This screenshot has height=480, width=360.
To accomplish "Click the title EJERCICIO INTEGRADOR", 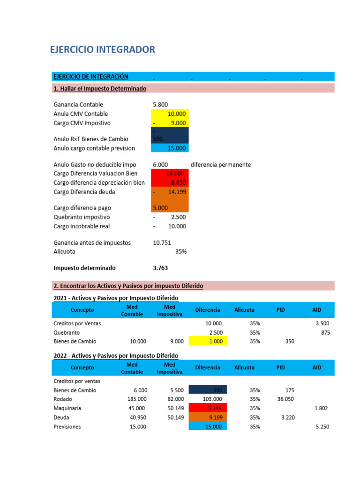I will [x=102, y=49].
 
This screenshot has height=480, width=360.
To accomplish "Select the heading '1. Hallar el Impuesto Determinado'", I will [x=100, y=89].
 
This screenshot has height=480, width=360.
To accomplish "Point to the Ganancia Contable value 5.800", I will [x=160, y=105].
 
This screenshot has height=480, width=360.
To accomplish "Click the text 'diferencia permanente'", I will [x=221, y=165].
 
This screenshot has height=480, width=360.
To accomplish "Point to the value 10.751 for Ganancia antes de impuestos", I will [x=162, y=243].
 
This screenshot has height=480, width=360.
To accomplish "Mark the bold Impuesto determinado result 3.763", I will [x=160, y=268].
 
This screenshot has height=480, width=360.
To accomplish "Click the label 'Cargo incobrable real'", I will [x=82, y=226].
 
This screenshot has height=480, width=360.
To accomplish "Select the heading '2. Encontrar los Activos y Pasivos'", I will [x=128, y=286].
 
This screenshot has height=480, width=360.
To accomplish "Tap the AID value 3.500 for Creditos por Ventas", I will [x=322, y=323].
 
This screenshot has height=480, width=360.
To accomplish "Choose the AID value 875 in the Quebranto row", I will [x=325, y=332].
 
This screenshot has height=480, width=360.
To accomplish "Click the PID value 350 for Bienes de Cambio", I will [x=289, y=342].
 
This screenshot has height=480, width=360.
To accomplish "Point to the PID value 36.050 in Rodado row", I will [x=285, y=399].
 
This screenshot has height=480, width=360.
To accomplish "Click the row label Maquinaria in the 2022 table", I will [x=67, y=408].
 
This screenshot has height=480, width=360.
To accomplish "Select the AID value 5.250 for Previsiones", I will [x=322, y=427].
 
